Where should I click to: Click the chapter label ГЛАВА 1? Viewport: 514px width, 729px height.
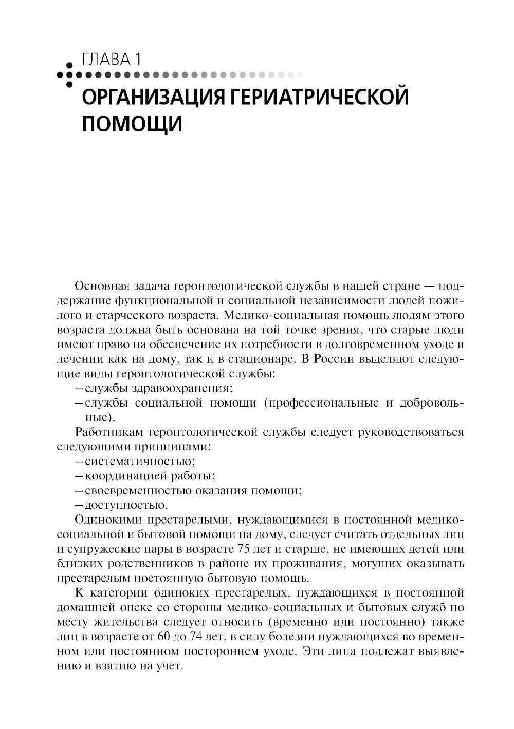coord(111,60)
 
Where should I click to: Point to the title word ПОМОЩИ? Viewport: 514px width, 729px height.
coord(132,125)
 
